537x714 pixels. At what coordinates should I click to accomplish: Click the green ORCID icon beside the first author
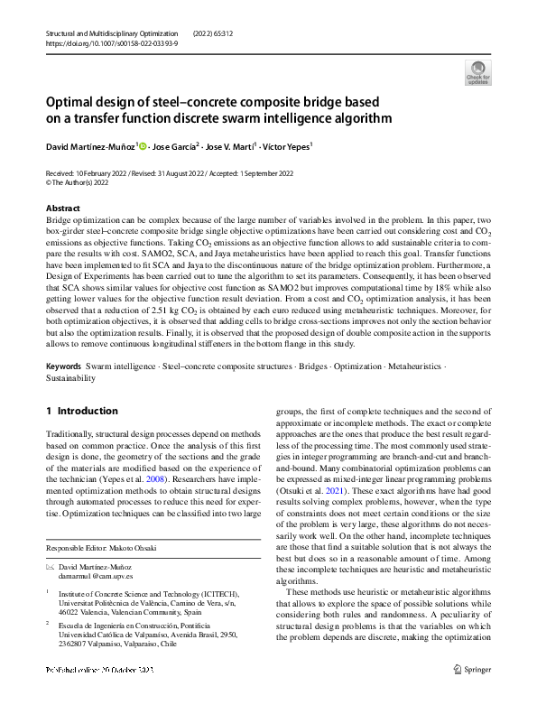(143, 144)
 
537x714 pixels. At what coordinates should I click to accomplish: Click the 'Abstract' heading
(62, 209)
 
